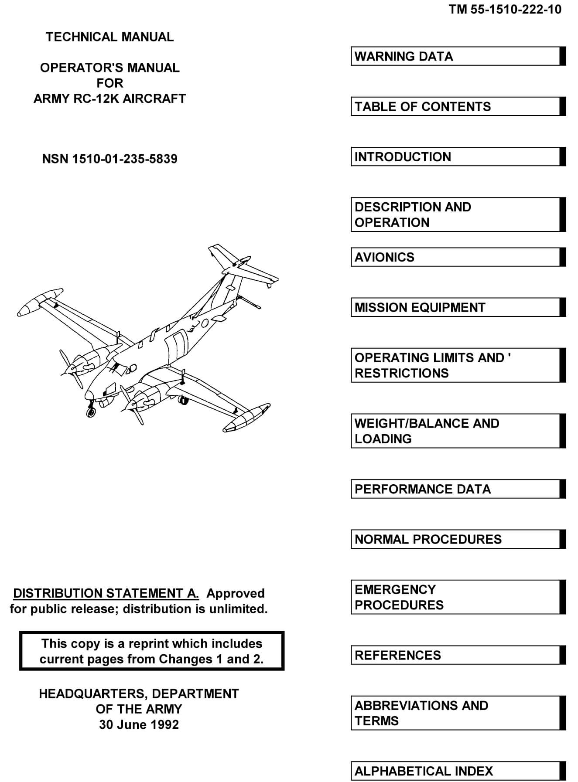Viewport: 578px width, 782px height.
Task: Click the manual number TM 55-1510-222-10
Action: (505, 10)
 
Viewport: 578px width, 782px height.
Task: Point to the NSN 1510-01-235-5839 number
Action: (109, 159)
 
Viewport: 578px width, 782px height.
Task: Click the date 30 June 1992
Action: (139, 724)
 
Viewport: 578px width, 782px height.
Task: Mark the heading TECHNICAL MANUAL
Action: (109, 37)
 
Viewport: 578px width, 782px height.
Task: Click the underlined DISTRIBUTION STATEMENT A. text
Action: (106, 593)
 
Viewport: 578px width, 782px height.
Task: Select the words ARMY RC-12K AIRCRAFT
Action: (109, 99)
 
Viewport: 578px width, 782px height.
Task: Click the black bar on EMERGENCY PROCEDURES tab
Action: (563, 597)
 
